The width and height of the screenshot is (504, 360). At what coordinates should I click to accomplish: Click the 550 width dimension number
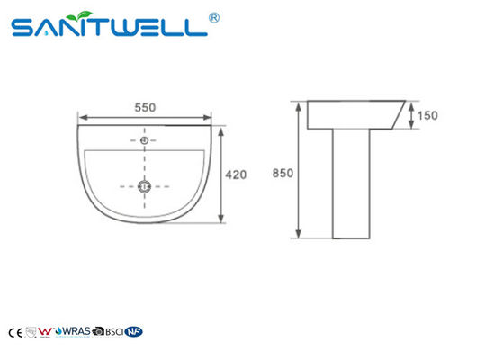(x=145, y=106)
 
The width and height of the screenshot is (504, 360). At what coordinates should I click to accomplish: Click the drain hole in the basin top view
(x=144, y=187)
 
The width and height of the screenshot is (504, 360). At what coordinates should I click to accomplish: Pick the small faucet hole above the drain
(x=144, y=140)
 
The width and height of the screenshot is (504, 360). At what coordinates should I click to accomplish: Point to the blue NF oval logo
(x=134, y=331)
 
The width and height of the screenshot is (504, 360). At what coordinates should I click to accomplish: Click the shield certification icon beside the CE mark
(x=30, y=331)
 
